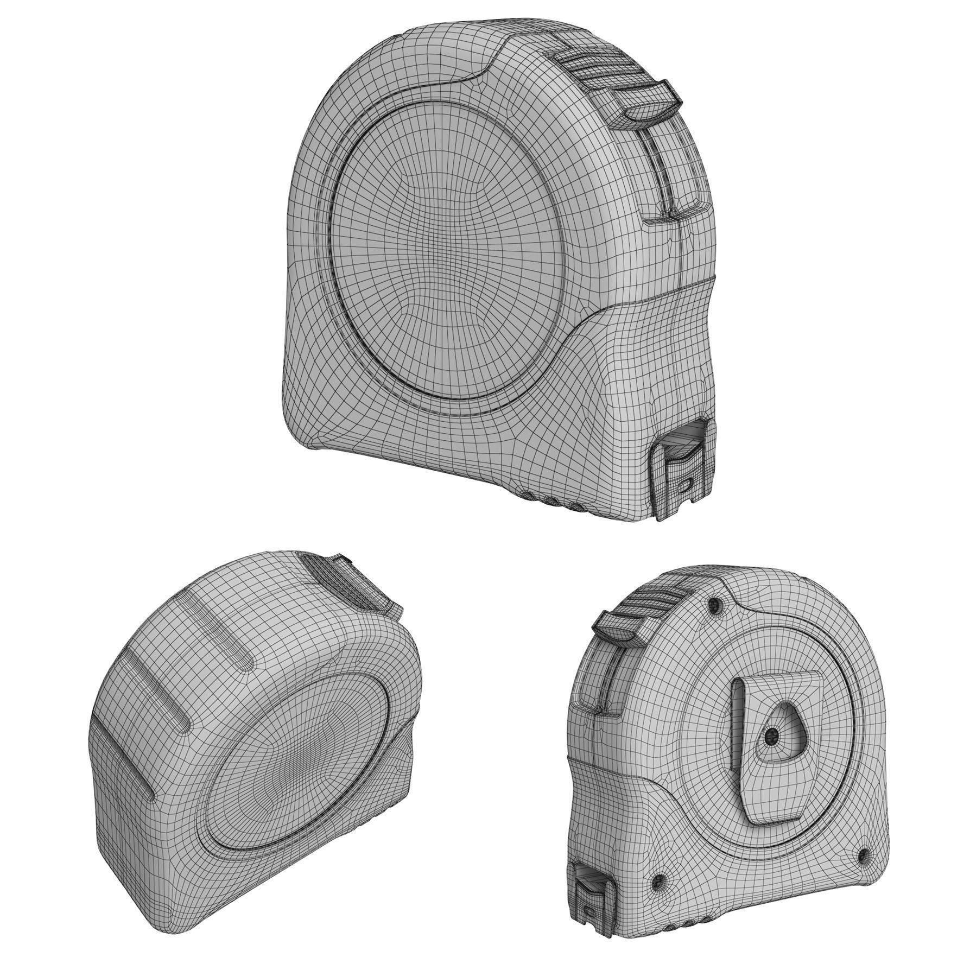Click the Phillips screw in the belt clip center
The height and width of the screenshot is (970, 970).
click(771, 737)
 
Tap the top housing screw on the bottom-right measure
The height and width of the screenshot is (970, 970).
click(717, 604)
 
